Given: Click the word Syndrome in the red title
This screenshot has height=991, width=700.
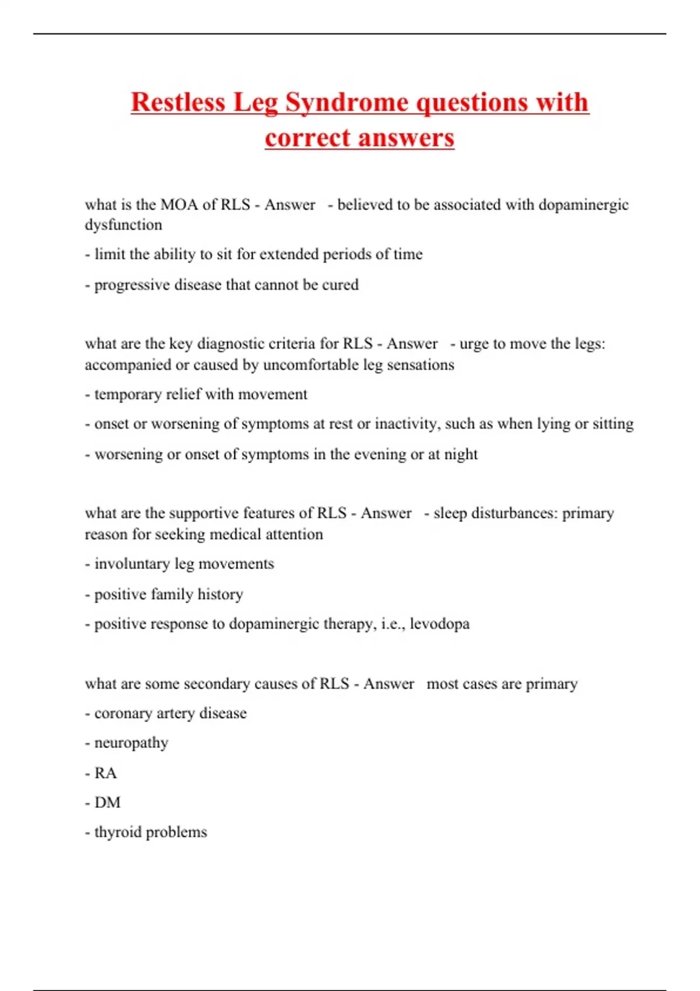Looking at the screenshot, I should point(346,103).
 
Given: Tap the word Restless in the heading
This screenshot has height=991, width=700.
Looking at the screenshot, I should point(178,103).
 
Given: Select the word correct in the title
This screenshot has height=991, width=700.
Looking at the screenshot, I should point(307,138).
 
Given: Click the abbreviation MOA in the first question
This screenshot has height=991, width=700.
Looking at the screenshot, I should point(179,205).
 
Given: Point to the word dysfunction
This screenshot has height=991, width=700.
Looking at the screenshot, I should point(124,225).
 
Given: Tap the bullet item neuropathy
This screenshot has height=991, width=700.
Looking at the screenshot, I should point(131,743).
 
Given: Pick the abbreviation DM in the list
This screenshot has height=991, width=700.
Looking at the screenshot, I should point(107,803).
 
